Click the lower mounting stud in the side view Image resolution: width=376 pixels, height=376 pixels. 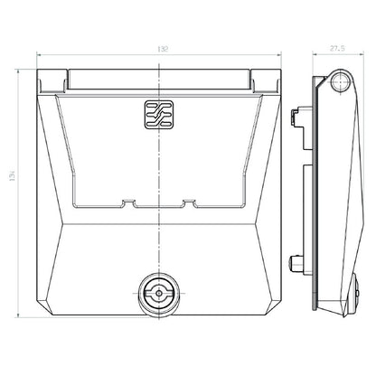coord(295,264)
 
